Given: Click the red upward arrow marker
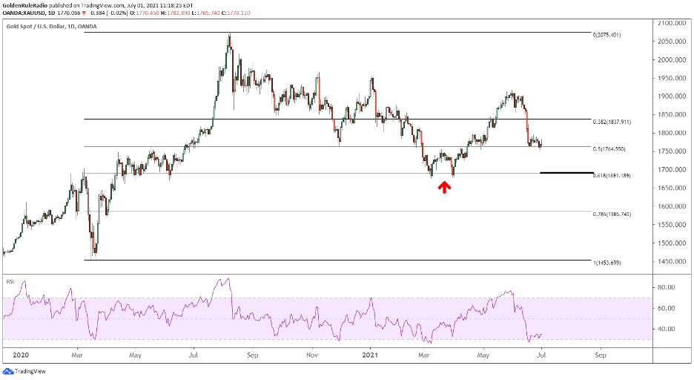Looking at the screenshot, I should point(444,186).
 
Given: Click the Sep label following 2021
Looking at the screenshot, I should point(601,355).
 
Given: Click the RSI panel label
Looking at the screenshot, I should point(10,282).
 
